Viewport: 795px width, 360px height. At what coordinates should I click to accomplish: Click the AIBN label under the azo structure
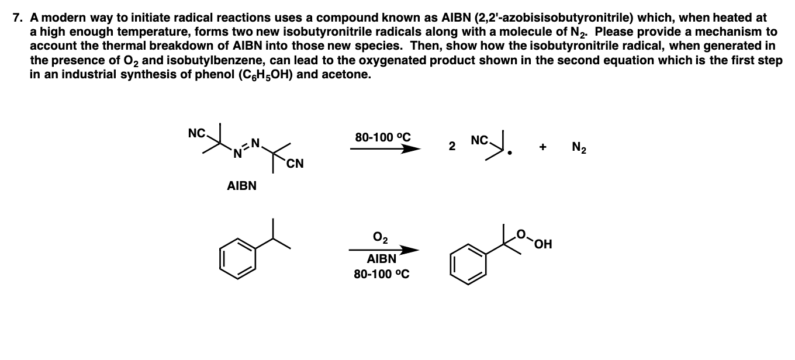[x=241, y=186]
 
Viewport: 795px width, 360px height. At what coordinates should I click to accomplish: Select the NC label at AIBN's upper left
[x=196, y=133]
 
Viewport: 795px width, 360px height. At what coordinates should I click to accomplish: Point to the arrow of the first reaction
[x=385, y=149]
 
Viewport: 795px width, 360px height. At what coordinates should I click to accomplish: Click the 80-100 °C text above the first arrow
[x=383, y=138]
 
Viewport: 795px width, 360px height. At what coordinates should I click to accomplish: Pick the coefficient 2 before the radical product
[x=451, y=147]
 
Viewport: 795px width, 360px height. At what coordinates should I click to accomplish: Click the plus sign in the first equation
[x=542, y=147]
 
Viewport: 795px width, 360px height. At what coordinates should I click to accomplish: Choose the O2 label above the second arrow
[x=380, y=238]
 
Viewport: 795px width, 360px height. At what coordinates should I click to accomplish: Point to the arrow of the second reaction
[x=384, y=250]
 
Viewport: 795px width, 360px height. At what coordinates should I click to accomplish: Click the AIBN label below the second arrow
[x=381, y=259]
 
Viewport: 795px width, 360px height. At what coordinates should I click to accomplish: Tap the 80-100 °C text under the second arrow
[x=382, y=274]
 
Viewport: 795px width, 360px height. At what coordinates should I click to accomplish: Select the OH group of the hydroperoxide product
[x=544, y=244]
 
